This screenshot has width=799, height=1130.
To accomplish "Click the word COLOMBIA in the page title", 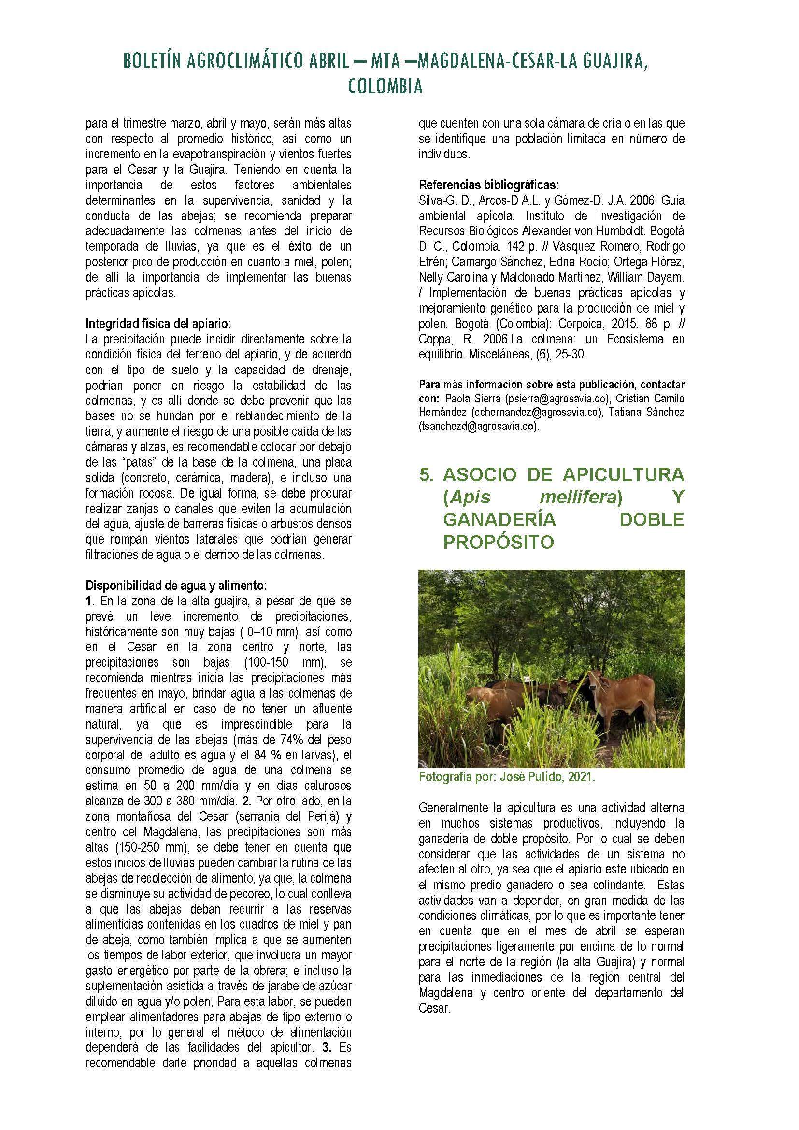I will point(385,87).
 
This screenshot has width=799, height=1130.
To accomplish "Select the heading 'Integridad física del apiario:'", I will point(158,324).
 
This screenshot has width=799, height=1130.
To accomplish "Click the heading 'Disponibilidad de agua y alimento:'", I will point(176,586).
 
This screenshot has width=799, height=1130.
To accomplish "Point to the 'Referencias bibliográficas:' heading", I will point(488,186).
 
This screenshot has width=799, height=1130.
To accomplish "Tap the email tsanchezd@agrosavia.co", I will point(477,427).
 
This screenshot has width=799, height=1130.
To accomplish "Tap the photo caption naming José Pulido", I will point(507,778).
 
